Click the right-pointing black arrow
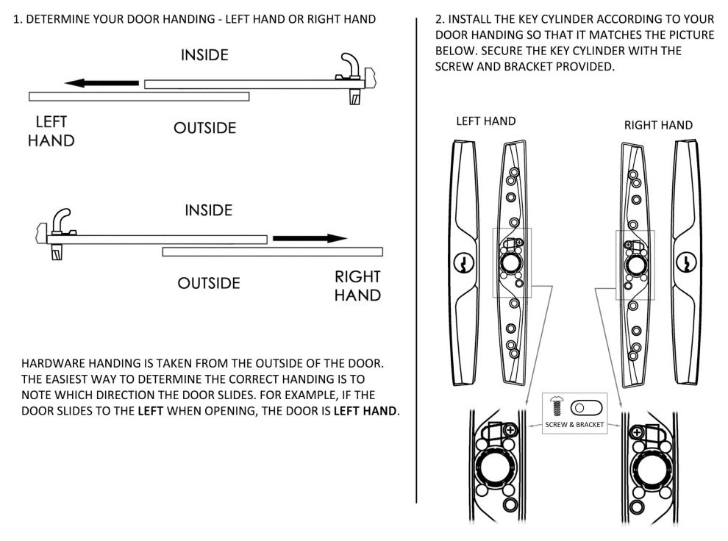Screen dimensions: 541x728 [x=310, y=238]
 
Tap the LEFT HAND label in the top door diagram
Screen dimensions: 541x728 [x=51, y=131]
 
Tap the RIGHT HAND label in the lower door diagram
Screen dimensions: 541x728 [x=357, y=286]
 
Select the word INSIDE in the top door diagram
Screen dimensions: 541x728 [x=204, y=54]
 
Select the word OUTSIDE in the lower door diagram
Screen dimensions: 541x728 [x=209, y=283]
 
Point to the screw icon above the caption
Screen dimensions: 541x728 [x=557, y=406]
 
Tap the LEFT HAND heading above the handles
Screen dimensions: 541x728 [x=485, y=121]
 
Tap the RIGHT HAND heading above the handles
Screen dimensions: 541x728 [x=658, y=125]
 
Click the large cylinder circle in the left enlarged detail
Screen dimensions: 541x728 [x=492, y=467]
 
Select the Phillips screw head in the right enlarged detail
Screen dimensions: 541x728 [x=637, y=432]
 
